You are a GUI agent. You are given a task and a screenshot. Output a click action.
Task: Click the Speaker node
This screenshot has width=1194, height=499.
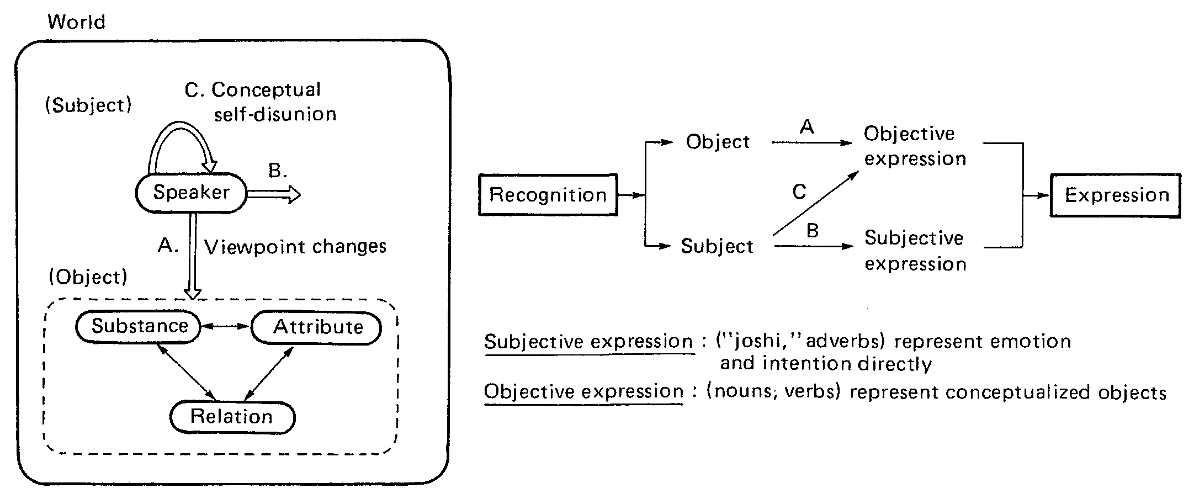click(x=191, y=193)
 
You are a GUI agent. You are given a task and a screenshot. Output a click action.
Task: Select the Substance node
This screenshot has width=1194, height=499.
click(x=139, y=326)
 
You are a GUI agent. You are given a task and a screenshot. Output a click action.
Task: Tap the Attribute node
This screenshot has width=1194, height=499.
click(x=317, y=327)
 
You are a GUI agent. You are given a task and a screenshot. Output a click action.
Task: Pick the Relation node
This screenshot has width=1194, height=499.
click(x=232, y=417)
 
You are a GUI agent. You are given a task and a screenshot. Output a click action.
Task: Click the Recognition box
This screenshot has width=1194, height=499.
click(x=548, y=195)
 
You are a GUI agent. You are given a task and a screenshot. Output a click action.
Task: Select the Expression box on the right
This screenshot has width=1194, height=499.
click(x=1116, y=195)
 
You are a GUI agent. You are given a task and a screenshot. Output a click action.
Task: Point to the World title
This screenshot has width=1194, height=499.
click(x=76, y=22)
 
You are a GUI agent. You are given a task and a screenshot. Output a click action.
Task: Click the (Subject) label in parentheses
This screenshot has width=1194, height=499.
click(x=88, y=105)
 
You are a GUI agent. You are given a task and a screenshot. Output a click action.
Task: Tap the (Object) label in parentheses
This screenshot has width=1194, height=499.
click(x=88, y=277)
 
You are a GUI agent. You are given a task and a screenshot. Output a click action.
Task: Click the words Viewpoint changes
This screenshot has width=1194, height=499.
click(x=295, y=247)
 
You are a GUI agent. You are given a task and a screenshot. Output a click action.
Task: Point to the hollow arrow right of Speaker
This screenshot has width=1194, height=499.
click(x=274, y=194)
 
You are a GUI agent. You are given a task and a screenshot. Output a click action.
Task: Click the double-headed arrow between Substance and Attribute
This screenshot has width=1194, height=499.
click(x=225, y=326)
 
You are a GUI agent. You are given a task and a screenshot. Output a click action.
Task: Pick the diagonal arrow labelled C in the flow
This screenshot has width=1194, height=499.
click(x=816, y=203)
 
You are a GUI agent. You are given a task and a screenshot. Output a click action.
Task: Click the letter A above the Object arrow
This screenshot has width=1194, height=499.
click(x=807, y=128)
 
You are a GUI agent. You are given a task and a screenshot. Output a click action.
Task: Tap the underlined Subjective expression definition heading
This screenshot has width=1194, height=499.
click(x=588, y=342)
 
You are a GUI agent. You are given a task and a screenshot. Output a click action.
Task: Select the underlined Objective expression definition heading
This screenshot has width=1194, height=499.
click(x=584, y=391)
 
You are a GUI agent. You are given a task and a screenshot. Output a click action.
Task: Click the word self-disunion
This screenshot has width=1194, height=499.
click(x=275, y=114)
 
